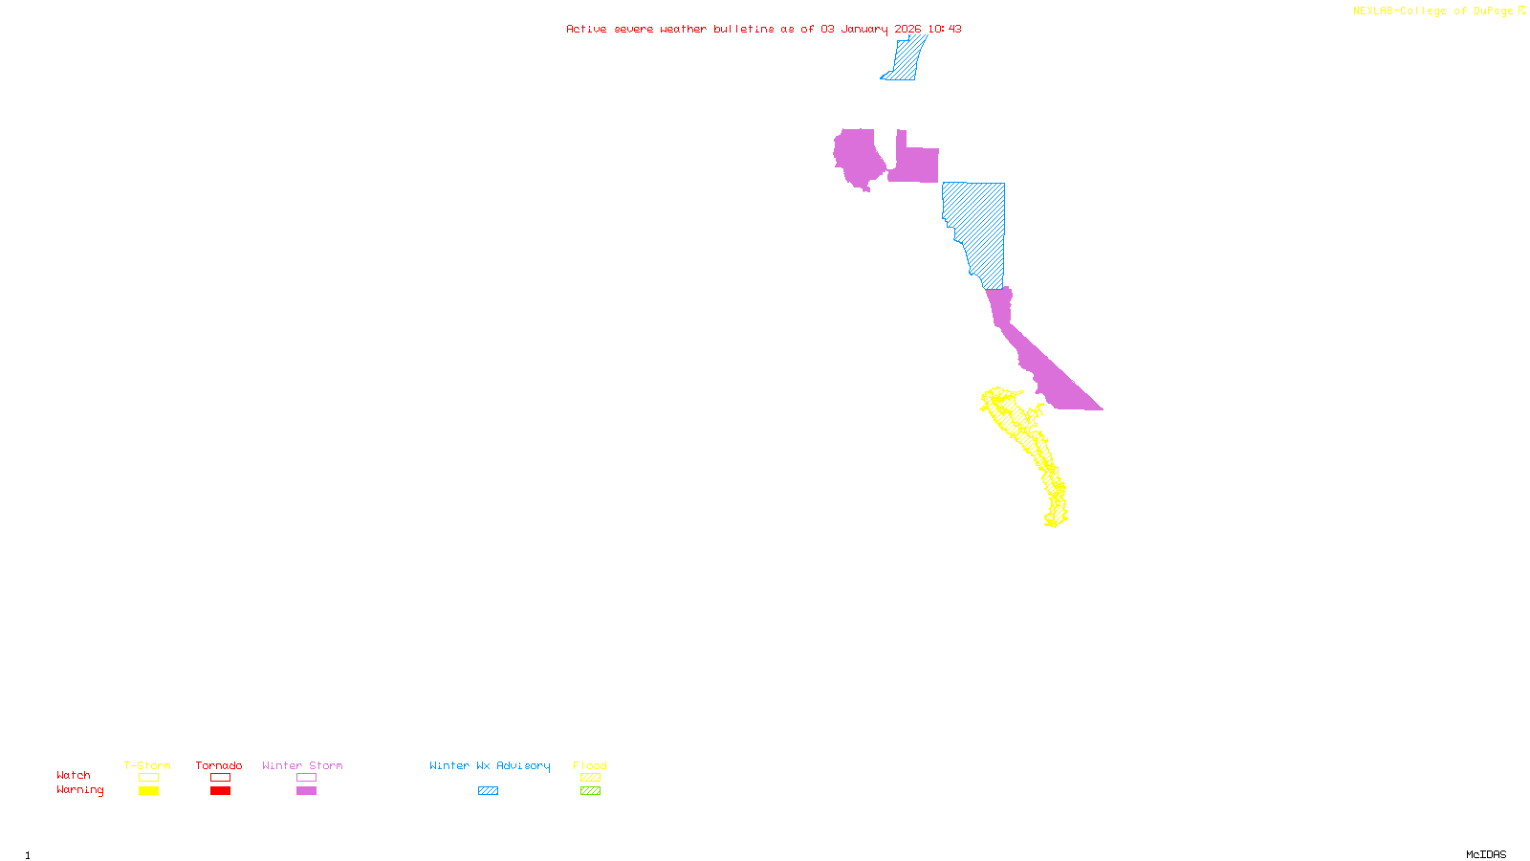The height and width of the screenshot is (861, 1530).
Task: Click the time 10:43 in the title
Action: (945, 30)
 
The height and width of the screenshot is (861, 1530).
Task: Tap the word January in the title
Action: (864, 30)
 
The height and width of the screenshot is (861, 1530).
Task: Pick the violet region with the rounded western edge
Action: (858, 158)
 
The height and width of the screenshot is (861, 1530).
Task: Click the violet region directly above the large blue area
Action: (915, 164)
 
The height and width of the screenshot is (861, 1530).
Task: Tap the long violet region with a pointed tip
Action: (1042, 364)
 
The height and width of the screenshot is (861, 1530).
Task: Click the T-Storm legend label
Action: (147, 765)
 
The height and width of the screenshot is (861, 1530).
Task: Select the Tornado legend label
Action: (219, 765)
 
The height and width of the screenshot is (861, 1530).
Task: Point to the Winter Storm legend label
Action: (302, 765)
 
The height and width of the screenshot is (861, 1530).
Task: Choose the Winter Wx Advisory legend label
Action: (490, 765)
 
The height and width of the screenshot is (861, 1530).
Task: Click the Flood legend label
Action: (590, 765)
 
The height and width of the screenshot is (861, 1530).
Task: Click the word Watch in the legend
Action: (74, 776)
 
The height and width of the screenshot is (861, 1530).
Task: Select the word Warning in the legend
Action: (79, 790)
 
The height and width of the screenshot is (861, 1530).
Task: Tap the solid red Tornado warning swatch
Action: (220, 791)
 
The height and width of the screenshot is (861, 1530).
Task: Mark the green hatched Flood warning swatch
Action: (590, 791)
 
